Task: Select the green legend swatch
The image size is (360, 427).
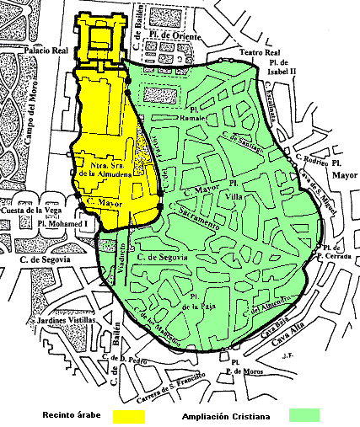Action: coord(303,416)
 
